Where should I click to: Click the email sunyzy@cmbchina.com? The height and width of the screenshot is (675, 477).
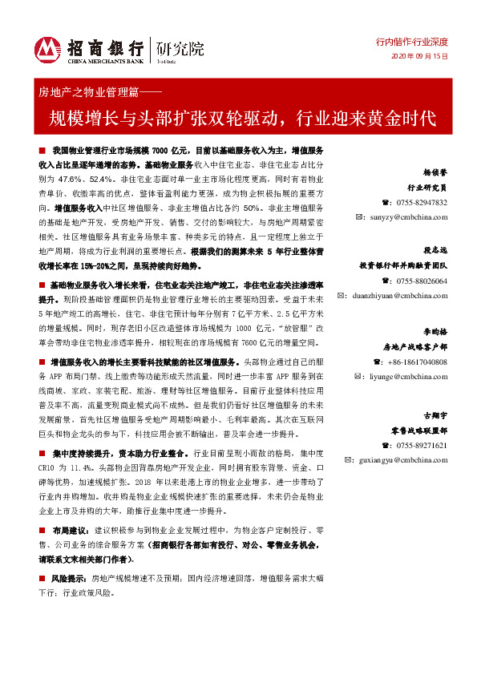pos(410,216)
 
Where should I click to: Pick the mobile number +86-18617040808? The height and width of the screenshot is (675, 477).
pos(413,362)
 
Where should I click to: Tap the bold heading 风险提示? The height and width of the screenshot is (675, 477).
pos(69,577)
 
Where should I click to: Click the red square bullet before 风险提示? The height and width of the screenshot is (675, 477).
pos(41,577)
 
